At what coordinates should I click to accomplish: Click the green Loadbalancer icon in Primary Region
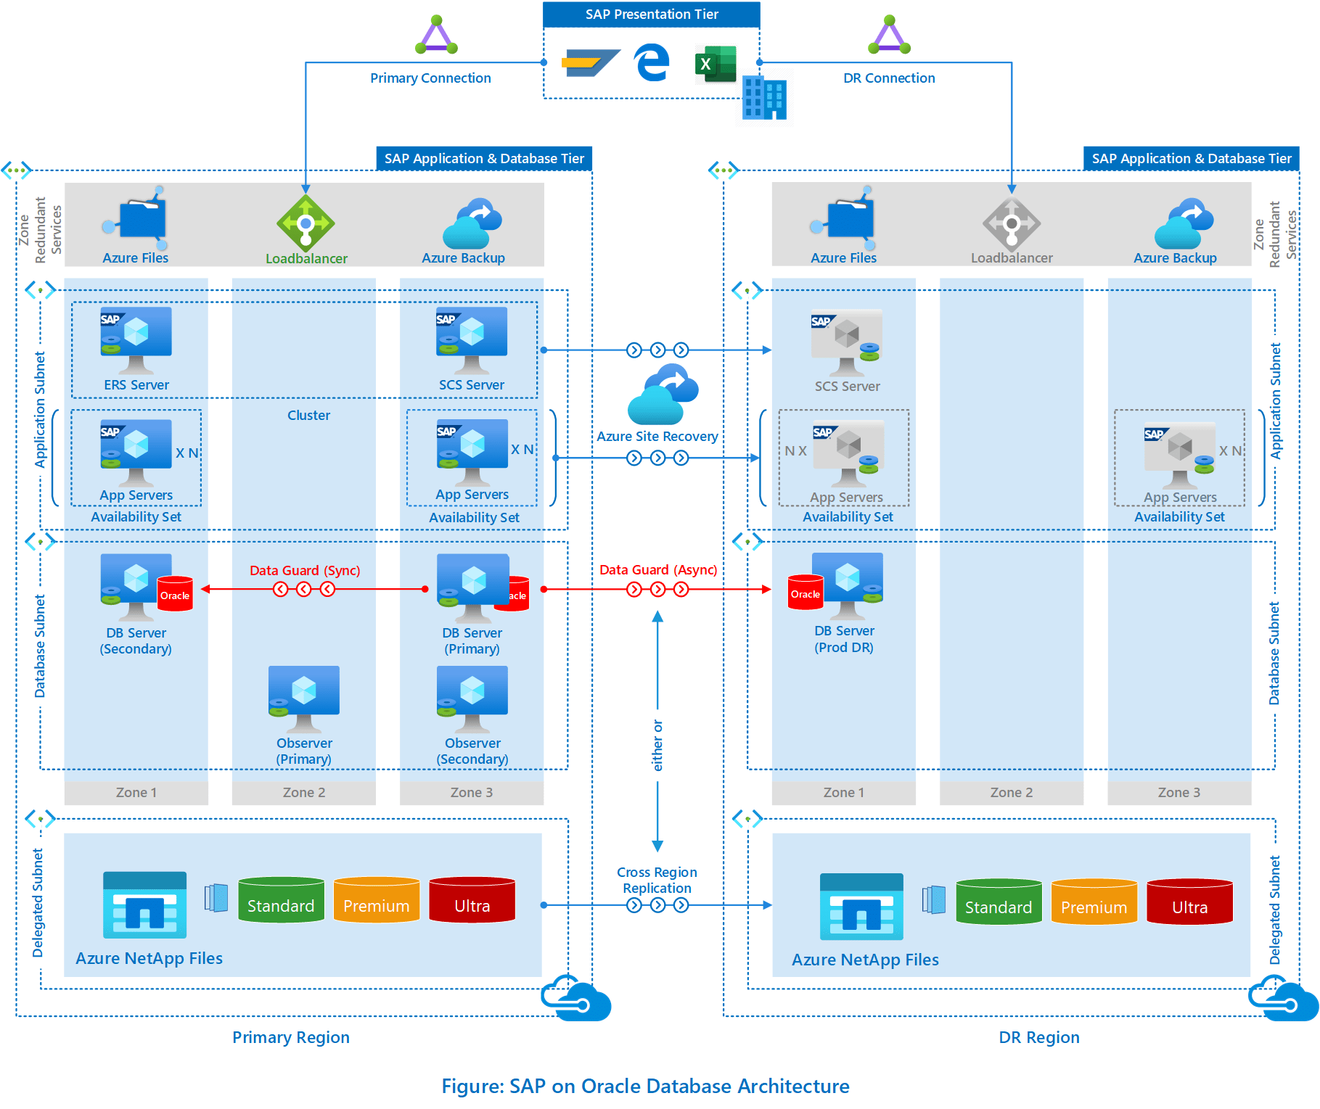pos(306,223)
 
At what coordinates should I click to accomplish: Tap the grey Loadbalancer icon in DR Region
pos(1012,223)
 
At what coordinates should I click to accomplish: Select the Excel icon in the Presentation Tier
pos(716,64)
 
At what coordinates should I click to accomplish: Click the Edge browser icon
pos(652,62)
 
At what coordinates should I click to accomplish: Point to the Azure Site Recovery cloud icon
pos(663,395)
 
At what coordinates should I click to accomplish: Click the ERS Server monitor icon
pos(136,338)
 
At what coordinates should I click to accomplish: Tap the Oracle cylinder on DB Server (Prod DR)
pos(805,592)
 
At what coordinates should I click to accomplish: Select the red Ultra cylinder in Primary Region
pos(472,900)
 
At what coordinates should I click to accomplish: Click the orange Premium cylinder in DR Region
pos(1094,902)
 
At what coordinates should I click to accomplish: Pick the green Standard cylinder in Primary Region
pos(281,900)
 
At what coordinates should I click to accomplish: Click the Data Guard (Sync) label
pos(305,570)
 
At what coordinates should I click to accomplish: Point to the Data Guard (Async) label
pos(657,569)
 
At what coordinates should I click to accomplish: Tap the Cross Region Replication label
pos(657,880)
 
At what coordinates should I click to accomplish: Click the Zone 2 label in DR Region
pos(1011,792)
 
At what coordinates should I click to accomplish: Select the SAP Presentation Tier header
pos(651,15)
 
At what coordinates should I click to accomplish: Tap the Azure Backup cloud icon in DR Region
pos(1183,224)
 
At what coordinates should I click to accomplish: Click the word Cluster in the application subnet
pos(308,415)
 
